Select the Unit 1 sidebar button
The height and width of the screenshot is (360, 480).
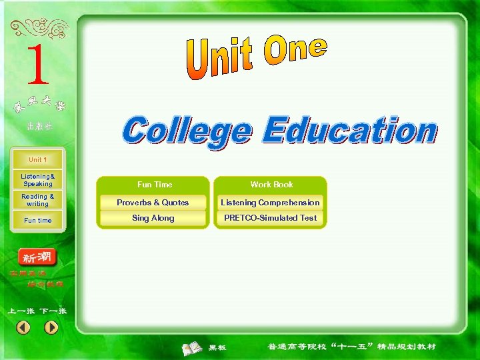pyautogui.click(x=38, y=160)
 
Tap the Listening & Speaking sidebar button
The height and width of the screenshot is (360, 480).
pyautogui.click(x=38, y=180)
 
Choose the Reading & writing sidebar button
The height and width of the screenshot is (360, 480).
pyautogui.click(x=38, y=200)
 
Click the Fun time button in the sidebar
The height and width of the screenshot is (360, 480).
pyautogui.click(x=38, y=220)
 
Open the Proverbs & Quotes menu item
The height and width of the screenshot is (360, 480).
pyautogui.click(x=153, y=203)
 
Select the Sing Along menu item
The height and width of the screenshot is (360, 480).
pyautogui.click(x=153, y=218)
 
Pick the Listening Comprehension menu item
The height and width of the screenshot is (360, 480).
pyautogui.click(x=270, y=203)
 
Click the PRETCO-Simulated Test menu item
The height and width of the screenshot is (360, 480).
pyautogui.click(x=270, y=218)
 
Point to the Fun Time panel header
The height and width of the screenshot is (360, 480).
pyautogui.click(x=154, y=185)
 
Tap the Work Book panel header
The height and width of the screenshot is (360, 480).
pyautogui.click(x=271, y=185)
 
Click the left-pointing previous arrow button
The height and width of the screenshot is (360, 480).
pyautogui.click(x=23, y=327)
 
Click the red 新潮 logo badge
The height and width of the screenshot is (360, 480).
pyautogui.click(x=37, y=257)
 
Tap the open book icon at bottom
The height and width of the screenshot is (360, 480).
pyautogui.click(x=193, y=347)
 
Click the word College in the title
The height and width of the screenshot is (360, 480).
pyautogui.click(x=187, y=130)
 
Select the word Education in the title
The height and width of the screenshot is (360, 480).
pyautogui.click(x=349, y=130)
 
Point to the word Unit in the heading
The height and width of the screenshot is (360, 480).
pyautogui.click(x=219, y=60)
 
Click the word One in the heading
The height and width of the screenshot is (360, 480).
pyautogui.click(x=295, y=50)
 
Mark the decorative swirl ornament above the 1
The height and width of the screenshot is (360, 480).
pyautogui.click(x=39, y=29)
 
